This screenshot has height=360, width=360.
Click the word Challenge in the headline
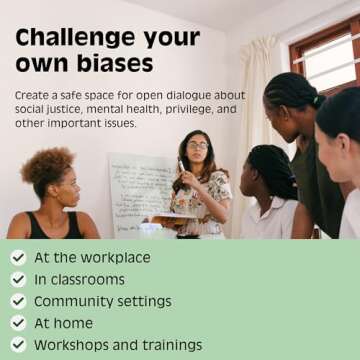[65, 39]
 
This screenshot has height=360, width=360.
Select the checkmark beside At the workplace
[18, 257]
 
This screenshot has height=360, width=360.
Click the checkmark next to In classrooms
[18, 279]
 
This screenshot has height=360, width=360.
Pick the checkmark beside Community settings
[18, 301]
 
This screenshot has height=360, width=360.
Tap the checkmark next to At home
[18, 323]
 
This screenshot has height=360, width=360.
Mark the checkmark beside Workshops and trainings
[18, 345]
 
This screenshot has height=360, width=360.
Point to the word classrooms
[88, 279]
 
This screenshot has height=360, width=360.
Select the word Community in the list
[70, 301]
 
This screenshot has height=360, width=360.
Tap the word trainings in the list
[169, 345]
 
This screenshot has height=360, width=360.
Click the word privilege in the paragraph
[188, 109]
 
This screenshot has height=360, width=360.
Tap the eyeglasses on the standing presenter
[197, 146]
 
